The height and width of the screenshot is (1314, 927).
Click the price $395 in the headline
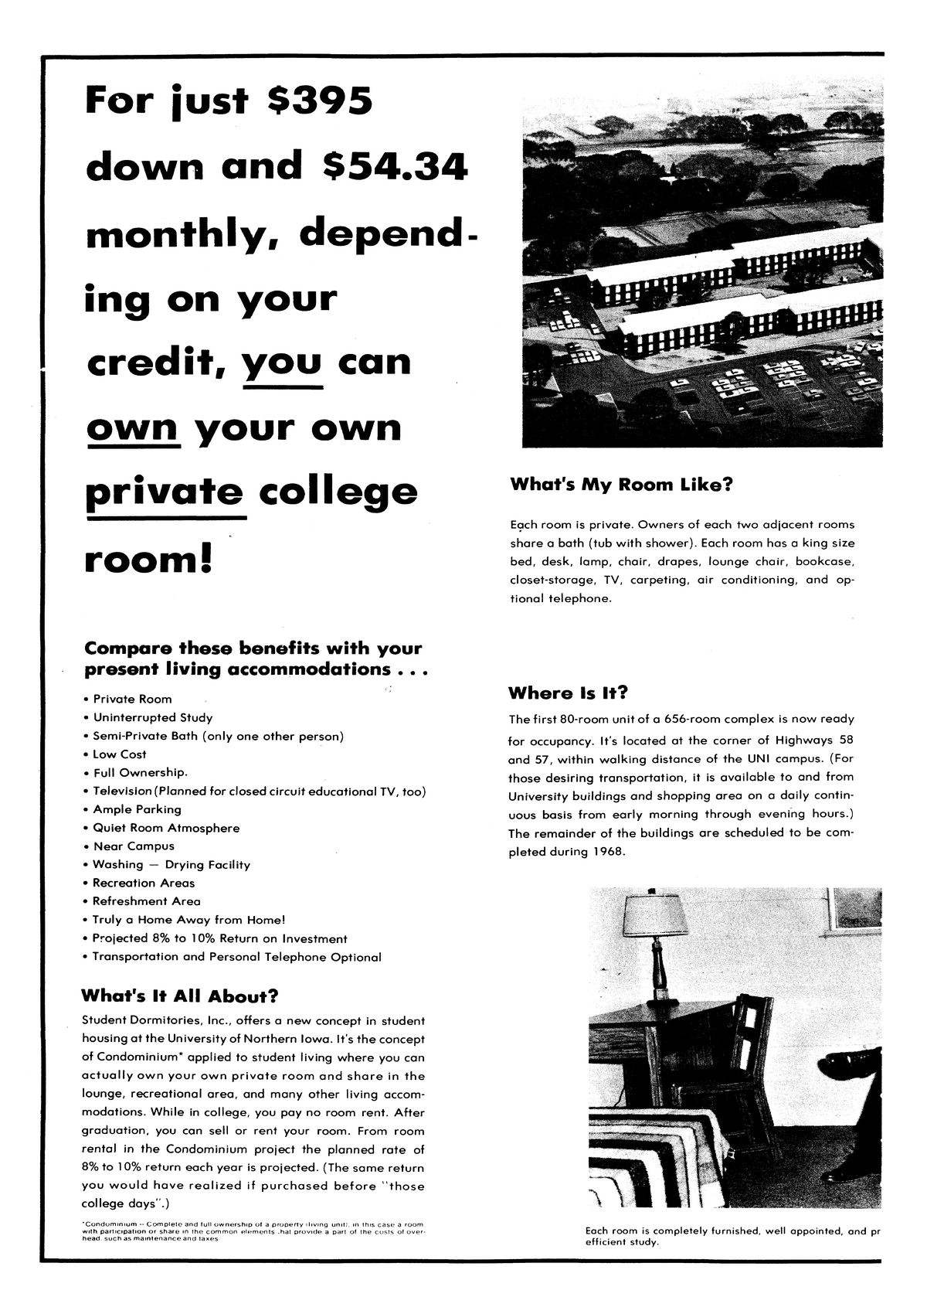pos(319,102)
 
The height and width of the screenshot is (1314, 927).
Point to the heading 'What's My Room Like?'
pos(621,485)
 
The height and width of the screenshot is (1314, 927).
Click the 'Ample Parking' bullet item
pos(137,809)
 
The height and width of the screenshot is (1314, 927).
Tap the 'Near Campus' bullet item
pos(134,846)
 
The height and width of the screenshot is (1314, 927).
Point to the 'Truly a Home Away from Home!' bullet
pos(188,920)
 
